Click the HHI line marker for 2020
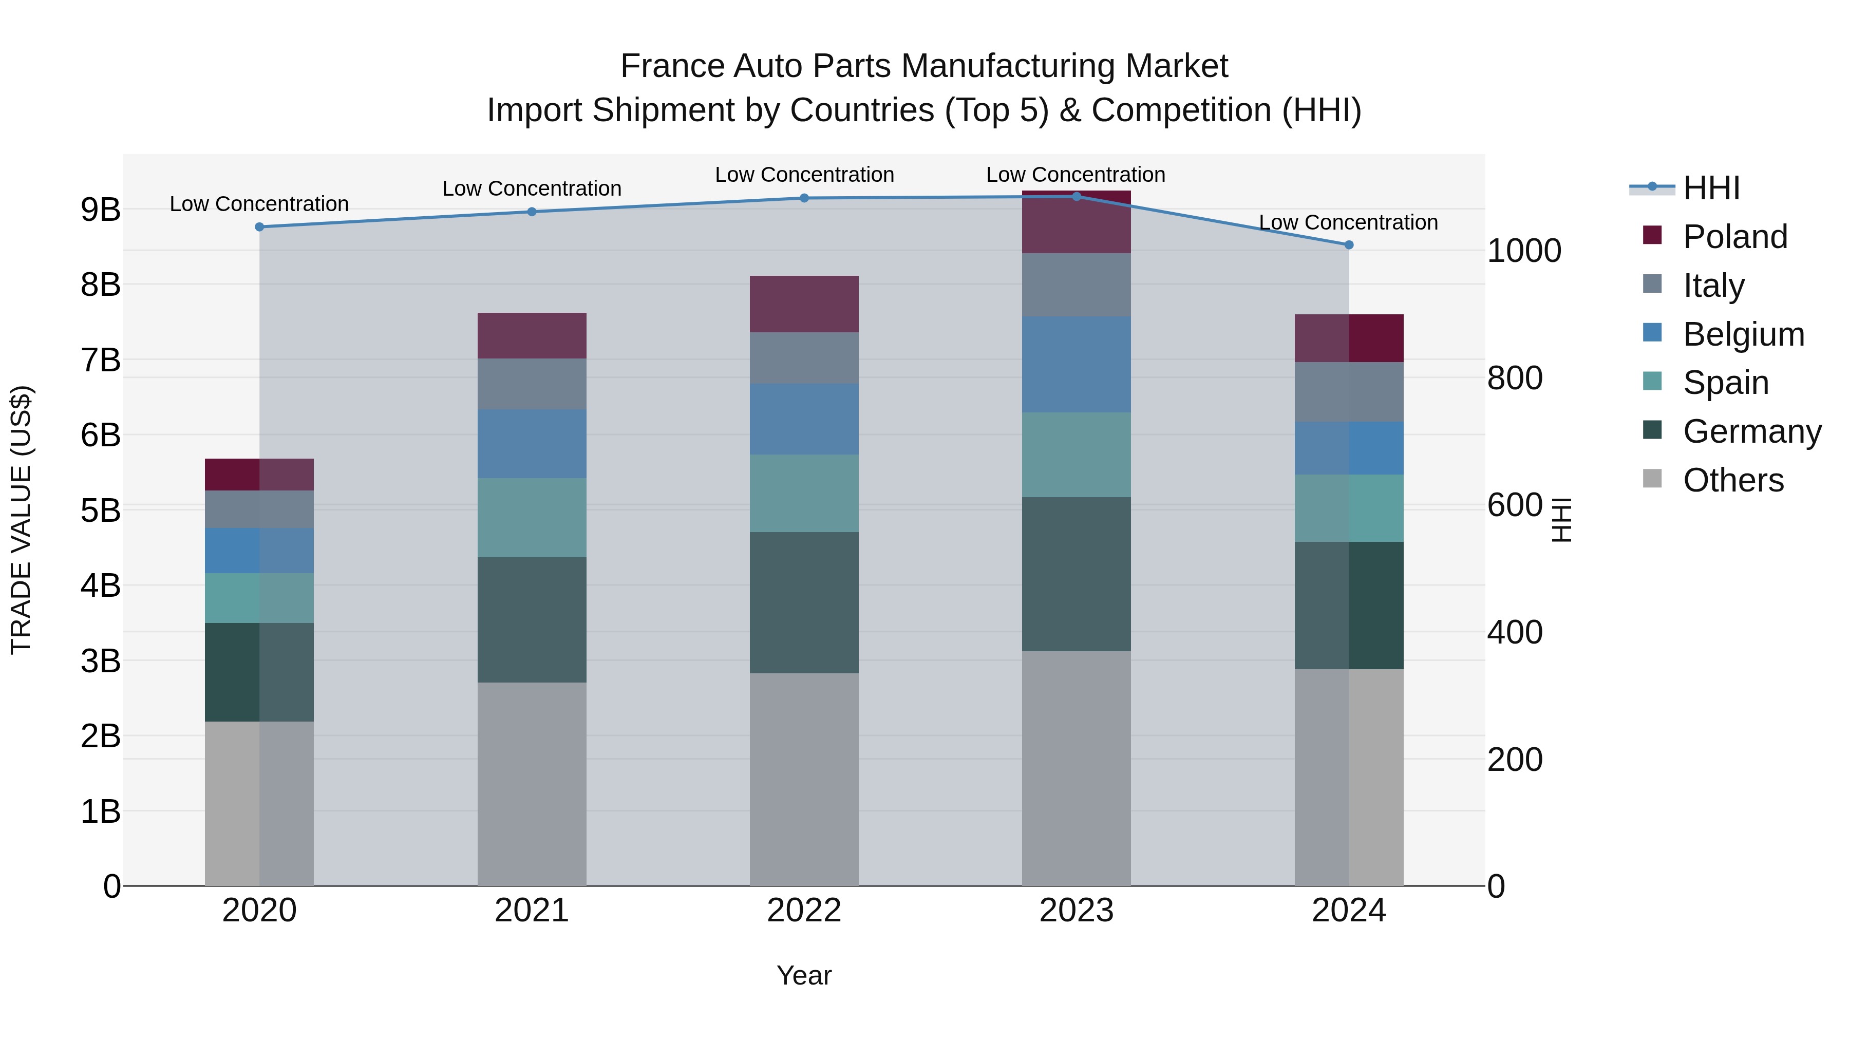[259, 227]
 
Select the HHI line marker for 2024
[1348, 245]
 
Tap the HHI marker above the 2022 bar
[804, 198]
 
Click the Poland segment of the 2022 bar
[804, 304]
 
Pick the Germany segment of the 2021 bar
[532, 619]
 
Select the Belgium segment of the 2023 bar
[1076, 364]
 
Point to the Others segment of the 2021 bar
[532, 783]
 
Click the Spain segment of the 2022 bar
[804, 493]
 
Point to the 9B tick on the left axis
[101, 210]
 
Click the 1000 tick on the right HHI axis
[1524, 251]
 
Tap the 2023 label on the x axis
[1076, 911]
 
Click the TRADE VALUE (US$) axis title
[21, 520]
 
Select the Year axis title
[804, 975]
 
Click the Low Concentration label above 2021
[532, 189]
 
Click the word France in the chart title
[672, 66]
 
